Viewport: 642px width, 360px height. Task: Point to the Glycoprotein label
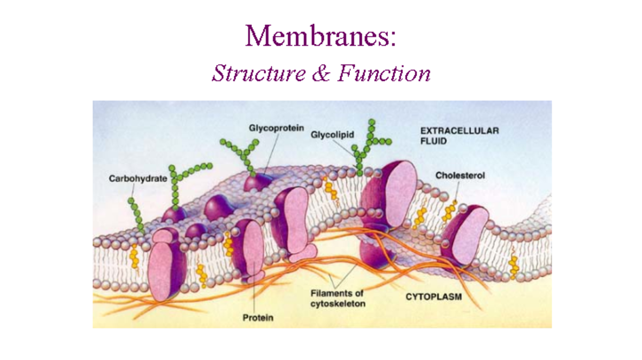click(x=276, y=128)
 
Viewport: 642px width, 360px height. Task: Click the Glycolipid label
click(x=332, y=135)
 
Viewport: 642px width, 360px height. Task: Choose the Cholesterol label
click(x=460, y=175)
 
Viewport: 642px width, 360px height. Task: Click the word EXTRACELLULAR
click(x=459, y=131)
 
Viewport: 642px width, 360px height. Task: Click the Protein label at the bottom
click(x=258, y=318)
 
